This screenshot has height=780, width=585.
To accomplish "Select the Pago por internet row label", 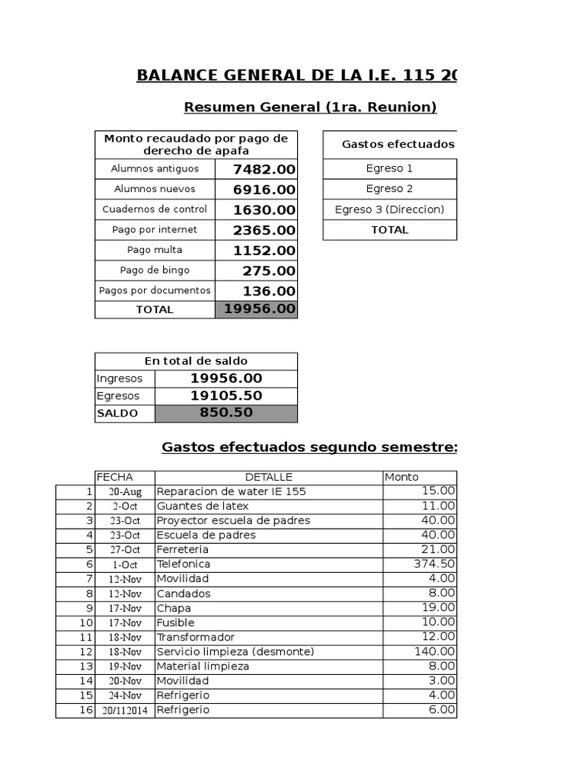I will click(155, 229).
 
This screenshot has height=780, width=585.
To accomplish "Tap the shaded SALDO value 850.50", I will click(226, 413).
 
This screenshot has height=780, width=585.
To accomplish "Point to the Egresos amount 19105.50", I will click(226, 395).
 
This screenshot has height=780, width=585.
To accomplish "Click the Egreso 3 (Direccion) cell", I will click(390, 209).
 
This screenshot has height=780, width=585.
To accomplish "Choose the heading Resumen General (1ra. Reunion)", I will click(311, 107).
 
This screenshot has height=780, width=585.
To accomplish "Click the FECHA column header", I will click(114, 477).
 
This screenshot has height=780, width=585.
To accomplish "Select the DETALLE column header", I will click(269, 477).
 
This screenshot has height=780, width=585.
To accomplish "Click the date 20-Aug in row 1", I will click(125, 492).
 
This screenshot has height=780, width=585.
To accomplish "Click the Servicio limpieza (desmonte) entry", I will click(235, 651).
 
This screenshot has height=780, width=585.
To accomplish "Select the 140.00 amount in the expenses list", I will click(435, 651).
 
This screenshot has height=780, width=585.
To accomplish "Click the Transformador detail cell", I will click(196, 637).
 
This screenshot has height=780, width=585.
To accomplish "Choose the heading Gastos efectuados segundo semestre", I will click(309, 447).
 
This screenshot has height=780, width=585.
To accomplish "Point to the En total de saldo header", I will click(196, 361).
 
